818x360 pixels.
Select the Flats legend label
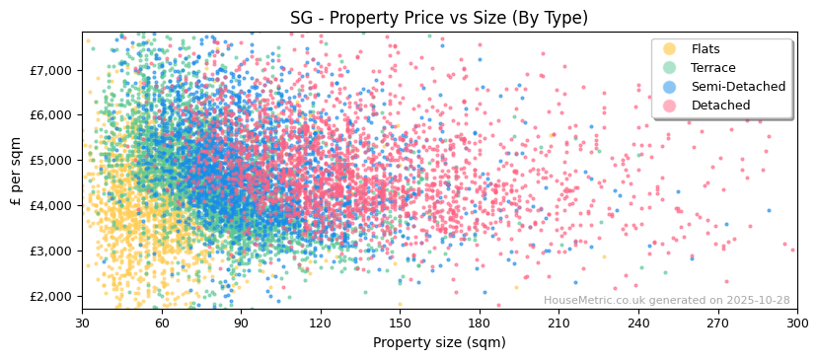pyautogui.click(x=706, y=49)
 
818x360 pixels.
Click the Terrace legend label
pyautogui.click(x=712, y=68)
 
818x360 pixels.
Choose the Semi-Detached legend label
pyautogui.click(x=738, y=87)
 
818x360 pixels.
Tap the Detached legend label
pyautogui.click(x=720, y=106)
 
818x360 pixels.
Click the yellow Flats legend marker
pyautogui.click(x=669, y=49)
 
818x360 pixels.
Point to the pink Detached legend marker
pyautogui.click(x=669, y=106)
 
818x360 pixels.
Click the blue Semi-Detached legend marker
pyautogui.click(x=669, y=87)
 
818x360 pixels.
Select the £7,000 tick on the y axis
pyautogui.click(x=52, y=70)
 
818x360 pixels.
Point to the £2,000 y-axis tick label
pyautogui.click(x=52, y=296)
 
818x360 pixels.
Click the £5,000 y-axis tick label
pyautogui.click(x=52, y=160)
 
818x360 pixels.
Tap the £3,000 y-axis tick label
pyautogui.click(x=52, y=251)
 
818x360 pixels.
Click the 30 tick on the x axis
pyautogui.click(x=82, y=323)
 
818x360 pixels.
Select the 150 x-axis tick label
pyautogui.click(x=400, y=323)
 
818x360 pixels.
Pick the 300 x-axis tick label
pyautogui.click(x=796, y=323)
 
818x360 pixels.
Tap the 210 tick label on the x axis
pyautogui.click(x=558, y=323)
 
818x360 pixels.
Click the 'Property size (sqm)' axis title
pyautogui.click(x=439, y=342)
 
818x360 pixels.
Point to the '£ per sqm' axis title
pyautogui.click(x=16, y=172)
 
